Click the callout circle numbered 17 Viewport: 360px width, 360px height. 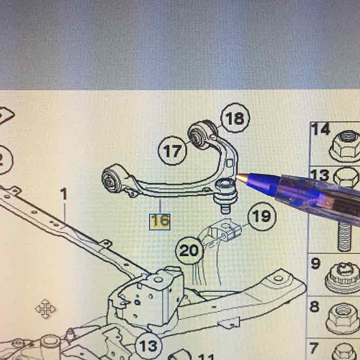(x=173, y=151)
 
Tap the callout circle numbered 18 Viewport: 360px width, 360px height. (x=235, y=119)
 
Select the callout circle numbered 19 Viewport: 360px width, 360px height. (x=261, y=217)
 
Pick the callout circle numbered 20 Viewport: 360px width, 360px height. (x=190, y=251)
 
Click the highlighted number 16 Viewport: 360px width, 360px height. (x=159, y=222)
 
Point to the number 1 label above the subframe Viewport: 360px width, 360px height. (x=64, y=194)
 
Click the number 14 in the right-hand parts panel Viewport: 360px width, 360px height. (x=321, y=130)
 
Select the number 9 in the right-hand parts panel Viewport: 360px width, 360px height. (x=315, y=264)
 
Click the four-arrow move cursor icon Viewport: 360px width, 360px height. (x=46, y=309)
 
